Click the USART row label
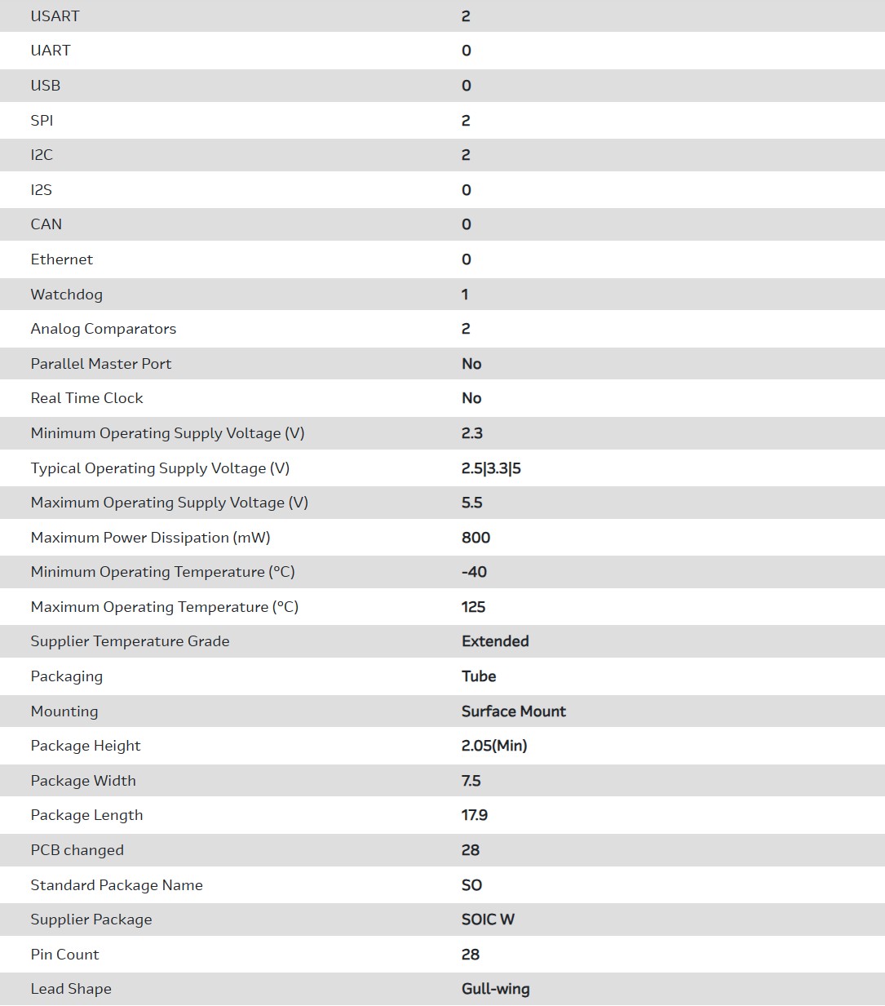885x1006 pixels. [x=55, y=16]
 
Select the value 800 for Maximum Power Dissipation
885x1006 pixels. [x=476, y=538]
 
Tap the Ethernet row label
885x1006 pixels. [x=61, y=259]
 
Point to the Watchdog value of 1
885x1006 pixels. [x=465, y=295]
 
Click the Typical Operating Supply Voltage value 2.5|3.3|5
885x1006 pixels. [x=491, y=468]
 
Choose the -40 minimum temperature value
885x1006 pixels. [x=474, y=572]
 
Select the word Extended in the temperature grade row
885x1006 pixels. [x=495, y=641]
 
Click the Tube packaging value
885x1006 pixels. [x=479, y=676]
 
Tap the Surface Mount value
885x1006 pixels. [x=514, y=711]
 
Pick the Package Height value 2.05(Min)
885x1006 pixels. [x=494, y=746]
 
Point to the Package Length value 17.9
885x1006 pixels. [x=475, y=815]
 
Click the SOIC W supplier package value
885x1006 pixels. [x=488, y=920]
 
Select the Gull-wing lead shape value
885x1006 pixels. [x=495, y=989]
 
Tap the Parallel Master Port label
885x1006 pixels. [x=101, y=364]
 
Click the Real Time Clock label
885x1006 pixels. [x=86, y=398]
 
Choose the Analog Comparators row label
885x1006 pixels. [x=104, y=329]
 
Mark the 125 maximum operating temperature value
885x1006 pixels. [x=473, y=607]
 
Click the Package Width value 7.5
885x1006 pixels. [x=471, y=781]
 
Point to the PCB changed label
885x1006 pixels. [x=77, y=850]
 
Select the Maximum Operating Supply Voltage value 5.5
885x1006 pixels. [x=472, y=503]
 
